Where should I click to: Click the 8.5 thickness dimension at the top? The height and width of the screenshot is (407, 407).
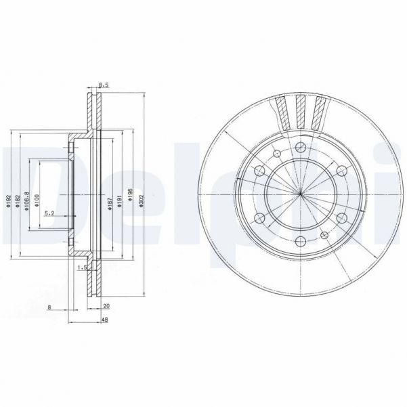104,85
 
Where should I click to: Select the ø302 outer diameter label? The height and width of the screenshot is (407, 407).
140,202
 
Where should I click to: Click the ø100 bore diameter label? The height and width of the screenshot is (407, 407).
37,201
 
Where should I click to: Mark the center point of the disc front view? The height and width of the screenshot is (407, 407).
300,195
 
